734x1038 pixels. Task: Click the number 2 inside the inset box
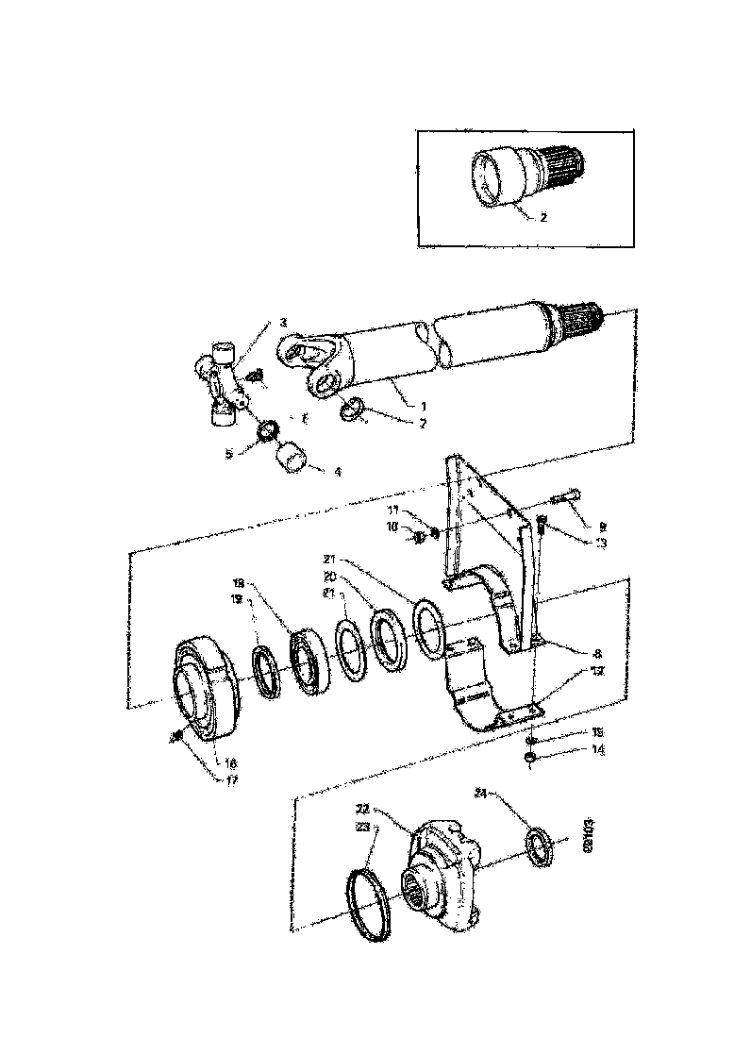point(542,216)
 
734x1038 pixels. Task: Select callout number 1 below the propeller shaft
point(410,405)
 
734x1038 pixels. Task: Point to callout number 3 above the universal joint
point(282,323)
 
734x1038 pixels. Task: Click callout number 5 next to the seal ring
point(228,453)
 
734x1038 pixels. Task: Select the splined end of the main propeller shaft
point(581,321)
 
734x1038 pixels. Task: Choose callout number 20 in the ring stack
point(330,576)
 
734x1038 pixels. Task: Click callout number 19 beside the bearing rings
point(239,598)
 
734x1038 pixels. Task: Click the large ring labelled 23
point(368,906)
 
